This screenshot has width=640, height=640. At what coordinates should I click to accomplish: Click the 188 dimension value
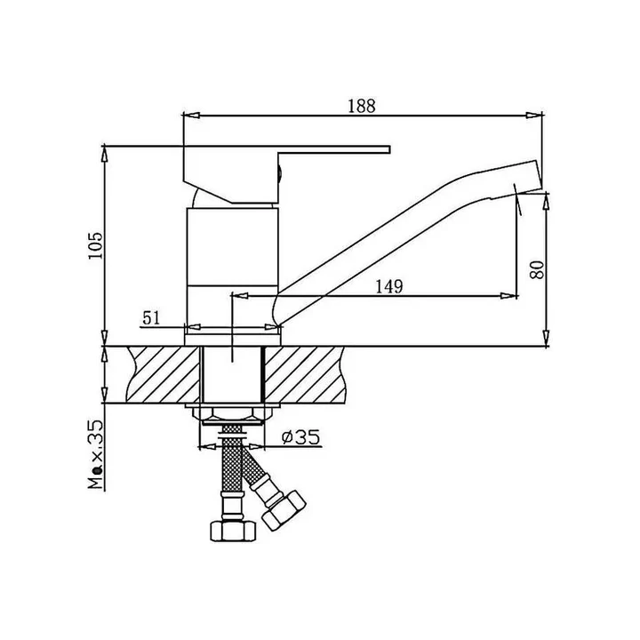361,106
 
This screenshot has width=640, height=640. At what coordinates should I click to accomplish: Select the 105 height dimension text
96,245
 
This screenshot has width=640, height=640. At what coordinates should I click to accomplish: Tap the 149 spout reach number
389,286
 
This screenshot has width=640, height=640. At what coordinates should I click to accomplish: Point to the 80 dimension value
537,269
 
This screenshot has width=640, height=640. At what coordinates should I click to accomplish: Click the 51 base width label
151,317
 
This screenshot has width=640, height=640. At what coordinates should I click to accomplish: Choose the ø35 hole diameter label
300,437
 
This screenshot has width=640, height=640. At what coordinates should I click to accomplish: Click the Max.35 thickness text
96,454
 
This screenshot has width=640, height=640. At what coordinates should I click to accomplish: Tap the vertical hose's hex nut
233,530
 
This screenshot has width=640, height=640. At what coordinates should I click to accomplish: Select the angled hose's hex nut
284,510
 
